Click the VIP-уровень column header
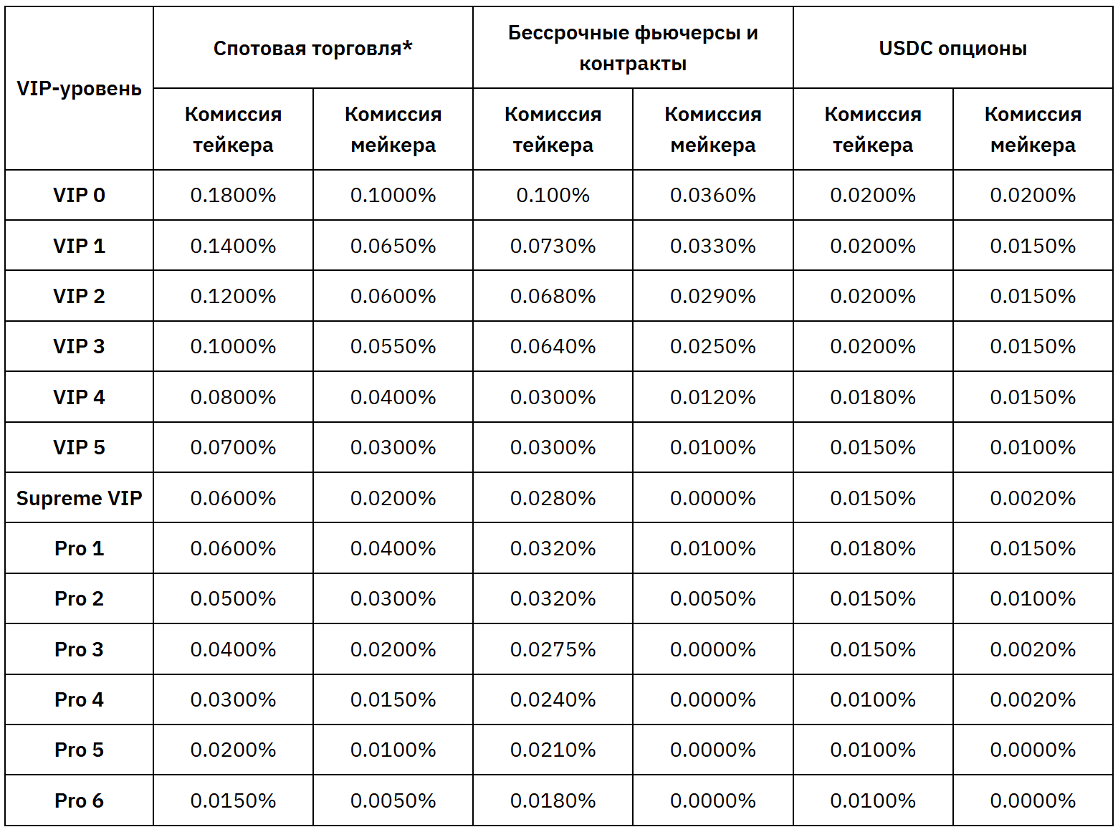pyautogui.click(x=79, y=89)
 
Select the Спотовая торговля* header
pyautogui.click(x=313, y=48)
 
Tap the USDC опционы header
pyautogui.click(x=952, y=48)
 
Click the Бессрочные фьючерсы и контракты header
pyautogui.click(x=633, y=48)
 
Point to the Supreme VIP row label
pyautogui.click(x=79, y=498)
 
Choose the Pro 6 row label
pyautogui.click(x=79, y=800)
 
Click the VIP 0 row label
pyautogui.click(x=79, y=195)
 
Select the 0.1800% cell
pyautogui.click(x=233, y=195)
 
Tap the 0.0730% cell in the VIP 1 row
pyautogui.click(x=553, y=246)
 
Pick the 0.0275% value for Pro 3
pyautogui.click(x=553, y=649)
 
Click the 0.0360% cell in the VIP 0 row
pyautogui.click(x=712, y=195)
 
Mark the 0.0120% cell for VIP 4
pyautogui.click(x=712, y=397)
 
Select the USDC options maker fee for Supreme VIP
pyautogui.click(x=1033, y=498)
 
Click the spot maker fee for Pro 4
pyautogui.click(x=393, y=699)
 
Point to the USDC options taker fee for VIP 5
pyautogui.click(x=873, y=447)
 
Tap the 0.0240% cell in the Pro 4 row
pyautogui.click(x=553, y=699)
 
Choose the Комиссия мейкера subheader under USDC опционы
pyautogui.click(x=1033, y=130)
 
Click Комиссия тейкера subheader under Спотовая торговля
pyautogui.click(x=233, y=130)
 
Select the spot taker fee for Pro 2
pyautogui.click(x=233, y=598)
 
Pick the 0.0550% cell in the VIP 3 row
pyautogui.click(x=393, y=346)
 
